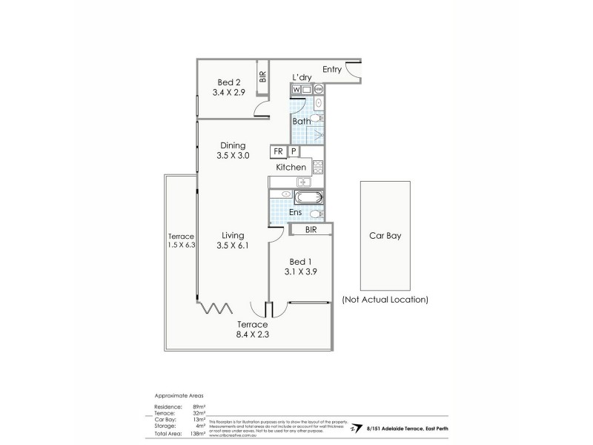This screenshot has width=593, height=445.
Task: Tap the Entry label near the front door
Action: pos(331,70)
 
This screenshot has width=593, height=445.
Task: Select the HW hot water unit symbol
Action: pos(318,90)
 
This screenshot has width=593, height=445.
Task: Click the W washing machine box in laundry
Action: pos(296,90)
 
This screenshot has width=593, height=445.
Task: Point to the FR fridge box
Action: pos(279,151)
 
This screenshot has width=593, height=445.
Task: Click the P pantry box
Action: pos(294,151)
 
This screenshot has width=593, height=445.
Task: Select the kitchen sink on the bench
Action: pos(302,182)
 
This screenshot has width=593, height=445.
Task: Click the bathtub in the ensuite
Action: pos(308,197)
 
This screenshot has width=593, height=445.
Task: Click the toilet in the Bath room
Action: pos(317,119)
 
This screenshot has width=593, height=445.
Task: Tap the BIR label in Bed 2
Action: pos(262,76)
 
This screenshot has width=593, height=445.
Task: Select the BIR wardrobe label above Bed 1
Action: pos(311,231)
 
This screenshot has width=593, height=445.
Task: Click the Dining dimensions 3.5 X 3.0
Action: pos(233,156)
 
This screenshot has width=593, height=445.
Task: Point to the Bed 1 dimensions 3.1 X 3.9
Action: pos(299,273)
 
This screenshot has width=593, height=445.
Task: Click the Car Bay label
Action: pos(385,237)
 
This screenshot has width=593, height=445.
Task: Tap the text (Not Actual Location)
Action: pos(385,300)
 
